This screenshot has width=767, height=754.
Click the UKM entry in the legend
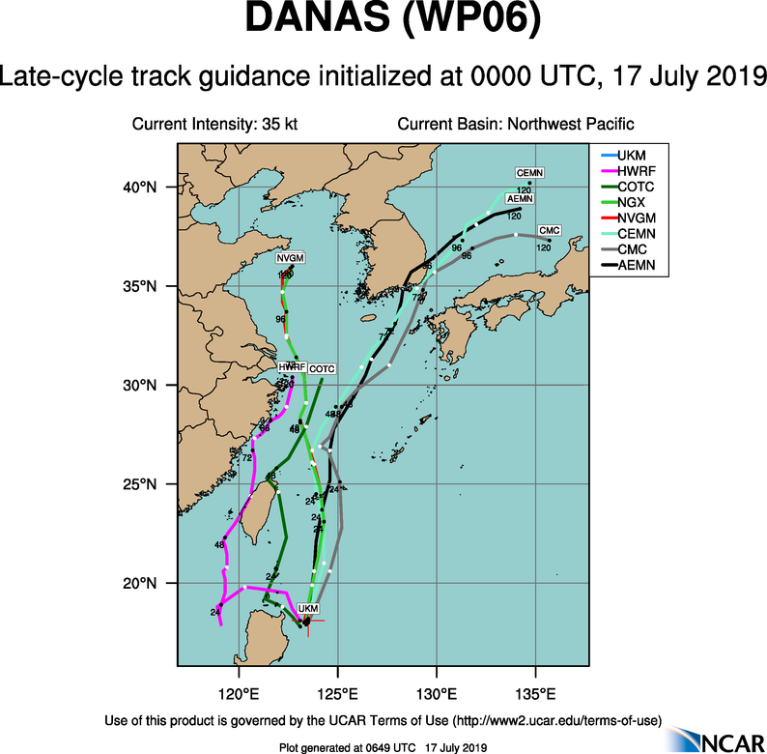[632, 155]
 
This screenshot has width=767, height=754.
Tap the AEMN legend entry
[636, 263]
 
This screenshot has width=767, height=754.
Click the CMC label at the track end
[549, 229]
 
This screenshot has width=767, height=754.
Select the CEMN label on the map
[529, 173]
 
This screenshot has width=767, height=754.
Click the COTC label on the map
[322, 368]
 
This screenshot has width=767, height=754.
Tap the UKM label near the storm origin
[307, 608]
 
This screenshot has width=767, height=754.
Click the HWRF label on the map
[292, 368]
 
